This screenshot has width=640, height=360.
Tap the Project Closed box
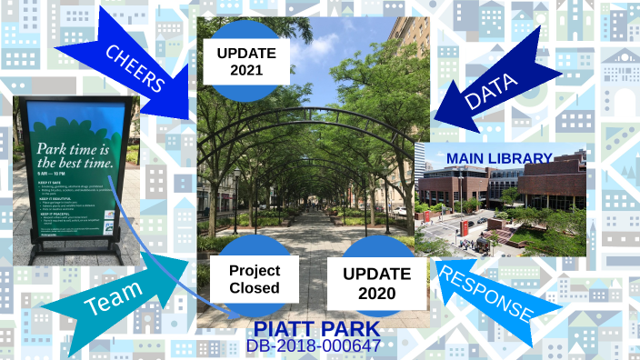click(255, 280)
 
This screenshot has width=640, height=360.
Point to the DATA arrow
click(491, 86)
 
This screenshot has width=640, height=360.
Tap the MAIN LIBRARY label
click(499, 158)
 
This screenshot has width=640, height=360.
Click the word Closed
click(255, 290)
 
